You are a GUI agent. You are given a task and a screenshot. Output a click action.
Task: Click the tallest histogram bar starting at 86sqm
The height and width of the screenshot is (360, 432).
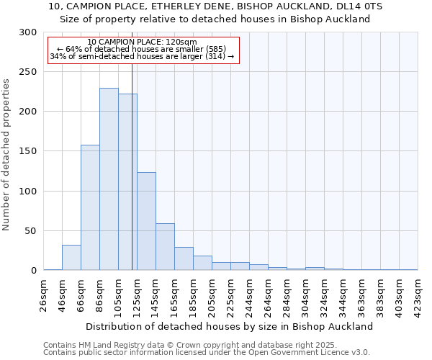[109, 179]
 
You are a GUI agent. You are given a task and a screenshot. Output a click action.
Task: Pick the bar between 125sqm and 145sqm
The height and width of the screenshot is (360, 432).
[146, 222]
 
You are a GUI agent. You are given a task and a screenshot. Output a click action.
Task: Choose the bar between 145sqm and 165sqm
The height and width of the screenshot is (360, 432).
[165, 247]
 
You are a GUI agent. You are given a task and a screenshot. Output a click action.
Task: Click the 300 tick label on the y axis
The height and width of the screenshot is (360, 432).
[28, 32]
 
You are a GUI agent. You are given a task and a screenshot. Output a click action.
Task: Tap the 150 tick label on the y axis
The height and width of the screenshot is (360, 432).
[28, 151]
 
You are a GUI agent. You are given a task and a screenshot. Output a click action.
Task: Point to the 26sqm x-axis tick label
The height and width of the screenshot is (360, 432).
[44, 295]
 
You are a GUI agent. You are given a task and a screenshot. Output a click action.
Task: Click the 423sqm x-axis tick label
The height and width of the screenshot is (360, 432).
[418, 295]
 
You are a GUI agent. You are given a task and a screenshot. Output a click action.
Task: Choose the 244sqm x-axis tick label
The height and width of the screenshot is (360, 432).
[250, 295]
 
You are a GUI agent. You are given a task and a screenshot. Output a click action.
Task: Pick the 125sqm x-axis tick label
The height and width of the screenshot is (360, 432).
[138, 295]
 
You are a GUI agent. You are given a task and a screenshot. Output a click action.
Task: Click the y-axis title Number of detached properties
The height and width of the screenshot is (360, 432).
[7, 155]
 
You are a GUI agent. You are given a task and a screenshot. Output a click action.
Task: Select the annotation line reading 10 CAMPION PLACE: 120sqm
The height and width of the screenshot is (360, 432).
[142, 42]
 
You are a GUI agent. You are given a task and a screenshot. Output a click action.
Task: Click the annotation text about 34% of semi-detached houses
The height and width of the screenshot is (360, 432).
[142, 56]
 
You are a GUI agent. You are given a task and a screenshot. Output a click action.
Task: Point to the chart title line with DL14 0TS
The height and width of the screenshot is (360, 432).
[216, 6]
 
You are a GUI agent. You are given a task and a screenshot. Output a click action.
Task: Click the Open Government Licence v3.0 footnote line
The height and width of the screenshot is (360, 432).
[207, 352]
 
